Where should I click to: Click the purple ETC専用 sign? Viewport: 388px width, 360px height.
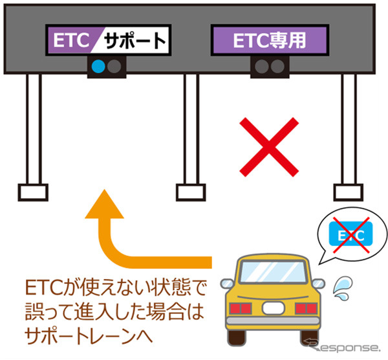pyautogui.click(x=268, y=41)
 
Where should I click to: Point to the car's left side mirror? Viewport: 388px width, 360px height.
pyautogui.click(x=226, y=283)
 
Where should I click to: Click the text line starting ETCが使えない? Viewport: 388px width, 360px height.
pyautogui.click(x=113, y=287)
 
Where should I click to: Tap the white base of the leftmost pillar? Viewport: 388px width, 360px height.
pyautogui.click(x=30, y=192)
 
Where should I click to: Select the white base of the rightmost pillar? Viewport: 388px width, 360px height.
pyautogui.click(x=347, y=192)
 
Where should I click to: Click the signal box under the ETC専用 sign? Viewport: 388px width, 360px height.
pyautogui.click(x=269, y=65)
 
